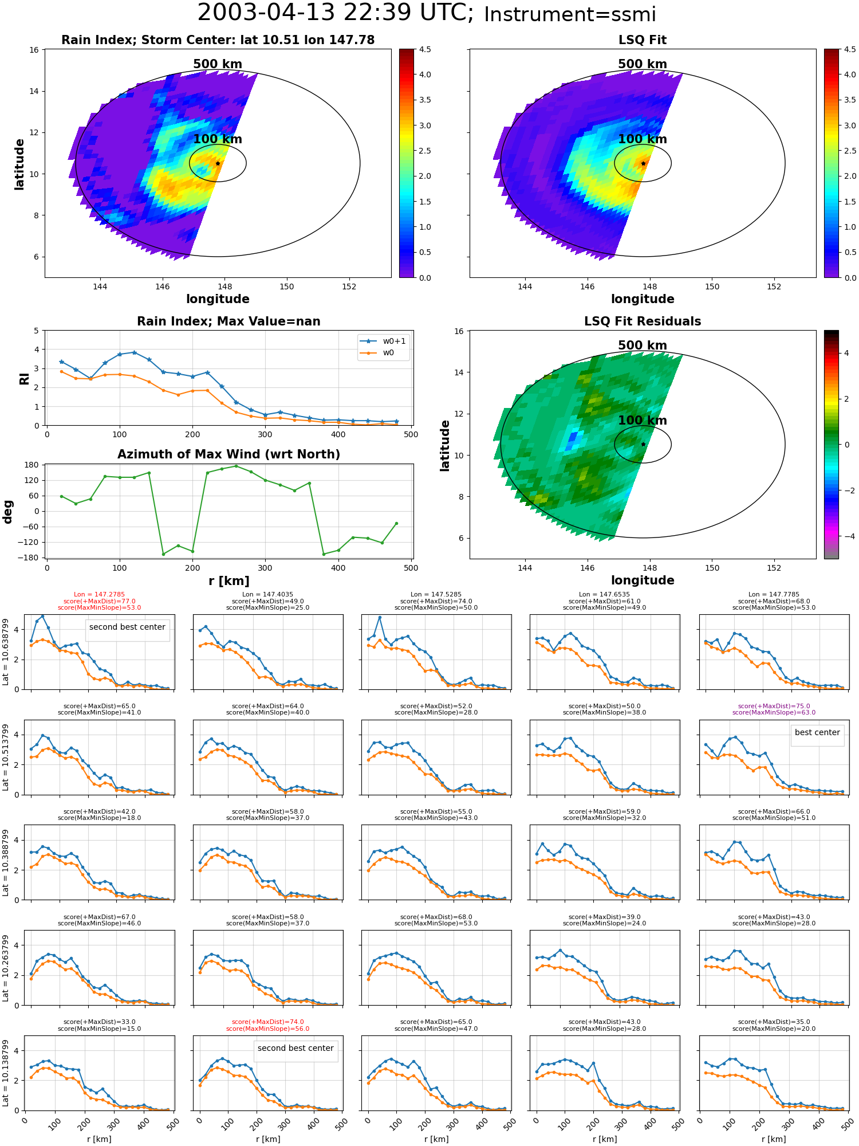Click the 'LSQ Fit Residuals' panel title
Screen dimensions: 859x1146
(643, 321)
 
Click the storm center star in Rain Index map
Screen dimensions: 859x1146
(218, 163)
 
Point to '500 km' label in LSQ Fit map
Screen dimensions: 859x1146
(643, 64)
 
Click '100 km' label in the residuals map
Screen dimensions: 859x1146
(643, 421)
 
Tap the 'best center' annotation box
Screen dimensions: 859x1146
(817, 732)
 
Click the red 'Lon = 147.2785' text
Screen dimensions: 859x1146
(99, 595)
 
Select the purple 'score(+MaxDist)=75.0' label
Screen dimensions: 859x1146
(774, 706)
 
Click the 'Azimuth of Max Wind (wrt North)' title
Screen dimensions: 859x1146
(228, 454)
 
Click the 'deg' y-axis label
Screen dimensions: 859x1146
(8, 511)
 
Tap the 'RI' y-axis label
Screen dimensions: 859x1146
(24, 379)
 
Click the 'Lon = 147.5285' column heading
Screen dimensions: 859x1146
(436, 595)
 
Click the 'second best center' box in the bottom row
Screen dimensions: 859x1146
(295, 1048)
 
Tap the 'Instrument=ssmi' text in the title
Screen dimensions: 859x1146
(570, 14)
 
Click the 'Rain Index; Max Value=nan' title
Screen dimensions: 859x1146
(228, 321)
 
